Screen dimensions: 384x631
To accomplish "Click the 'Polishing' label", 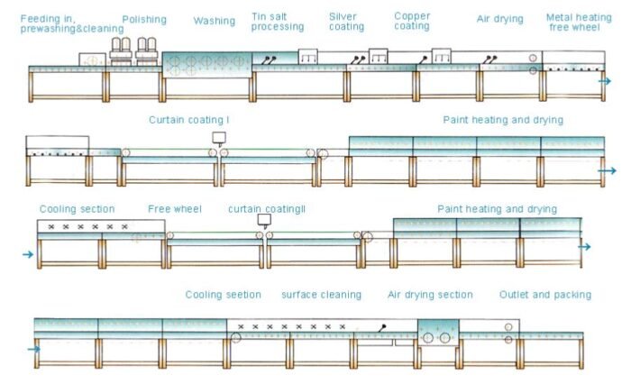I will click(144, 19).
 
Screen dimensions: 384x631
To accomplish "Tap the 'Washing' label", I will click(214, 21).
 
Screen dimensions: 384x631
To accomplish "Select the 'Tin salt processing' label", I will click(278, 23).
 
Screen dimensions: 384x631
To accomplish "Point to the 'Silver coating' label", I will click(347, 22).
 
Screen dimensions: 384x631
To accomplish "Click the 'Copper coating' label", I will click(412, 21).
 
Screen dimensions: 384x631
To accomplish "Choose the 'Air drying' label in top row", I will click(499, 19).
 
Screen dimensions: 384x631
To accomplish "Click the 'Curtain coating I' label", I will click(189, 119).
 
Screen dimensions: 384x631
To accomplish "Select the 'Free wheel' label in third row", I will click(175, 209).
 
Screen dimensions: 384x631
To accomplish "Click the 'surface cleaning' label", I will click(321, 295).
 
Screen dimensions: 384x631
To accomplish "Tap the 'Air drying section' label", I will click(430, 295).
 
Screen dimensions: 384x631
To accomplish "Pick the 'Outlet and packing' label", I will click(545, 295).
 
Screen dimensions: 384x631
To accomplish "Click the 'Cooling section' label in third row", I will click(77, 209).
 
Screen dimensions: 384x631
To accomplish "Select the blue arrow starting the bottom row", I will click(34, 349).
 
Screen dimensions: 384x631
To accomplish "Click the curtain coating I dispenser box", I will click(219, 138).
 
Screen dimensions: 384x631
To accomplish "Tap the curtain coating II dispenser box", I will click(263, 219).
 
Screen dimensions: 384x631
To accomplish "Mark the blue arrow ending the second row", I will click(608, 170).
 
